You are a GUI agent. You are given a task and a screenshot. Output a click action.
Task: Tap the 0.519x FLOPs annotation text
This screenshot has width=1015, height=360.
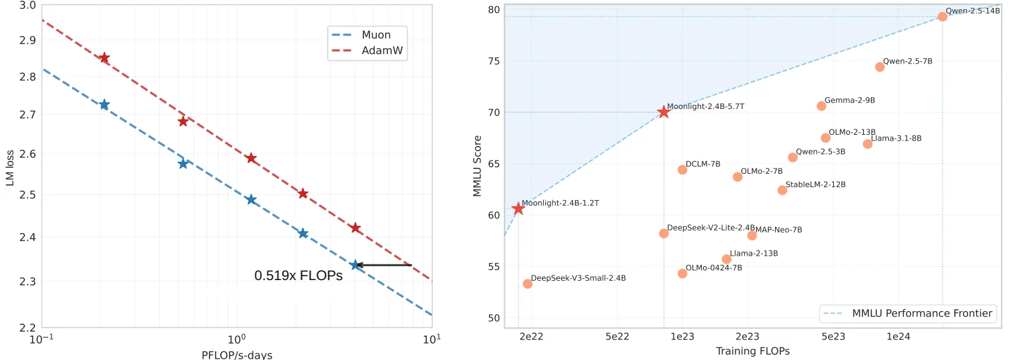pos(298,276)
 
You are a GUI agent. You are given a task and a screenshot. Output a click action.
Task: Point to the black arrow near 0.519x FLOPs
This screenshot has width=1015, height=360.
pos(383,266)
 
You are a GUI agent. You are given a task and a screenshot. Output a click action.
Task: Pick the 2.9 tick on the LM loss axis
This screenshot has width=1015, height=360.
pos(27,40)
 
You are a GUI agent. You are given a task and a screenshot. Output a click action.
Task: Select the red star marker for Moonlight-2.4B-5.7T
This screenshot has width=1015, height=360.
pos(663,112)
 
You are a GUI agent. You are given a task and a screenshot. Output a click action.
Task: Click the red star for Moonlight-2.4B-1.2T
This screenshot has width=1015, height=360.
pos(518,209)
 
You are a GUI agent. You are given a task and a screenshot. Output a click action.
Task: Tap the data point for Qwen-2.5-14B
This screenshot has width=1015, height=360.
pos(942,17)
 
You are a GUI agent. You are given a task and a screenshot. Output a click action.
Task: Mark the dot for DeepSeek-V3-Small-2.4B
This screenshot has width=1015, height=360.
pos(527,284)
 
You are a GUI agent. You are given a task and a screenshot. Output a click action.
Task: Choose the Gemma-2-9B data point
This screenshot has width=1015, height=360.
pos(821,106)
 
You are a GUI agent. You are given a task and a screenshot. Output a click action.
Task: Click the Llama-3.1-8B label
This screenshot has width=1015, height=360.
pos(896,139)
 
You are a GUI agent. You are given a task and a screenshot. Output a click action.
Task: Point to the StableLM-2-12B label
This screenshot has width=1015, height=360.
pos(815,185)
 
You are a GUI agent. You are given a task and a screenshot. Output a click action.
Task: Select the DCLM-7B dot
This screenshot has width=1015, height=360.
pos(683,170)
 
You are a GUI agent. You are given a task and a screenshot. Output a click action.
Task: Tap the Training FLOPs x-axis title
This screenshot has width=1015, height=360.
pos(753,351)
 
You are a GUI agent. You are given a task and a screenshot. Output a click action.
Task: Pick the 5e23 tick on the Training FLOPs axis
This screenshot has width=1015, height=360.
pos(833,337)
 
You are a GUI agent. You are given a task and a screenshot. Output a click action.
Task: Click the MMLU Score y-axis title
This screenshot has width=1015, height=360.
pos(478,166)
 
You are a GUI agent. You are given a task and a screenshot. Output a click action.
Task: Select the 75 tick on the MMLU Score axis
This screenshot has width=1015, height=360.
pos(493,61)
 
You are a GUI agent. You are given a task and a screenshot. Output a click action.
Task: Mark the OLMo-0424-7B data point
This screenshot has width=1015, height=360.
pos(683,273)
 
